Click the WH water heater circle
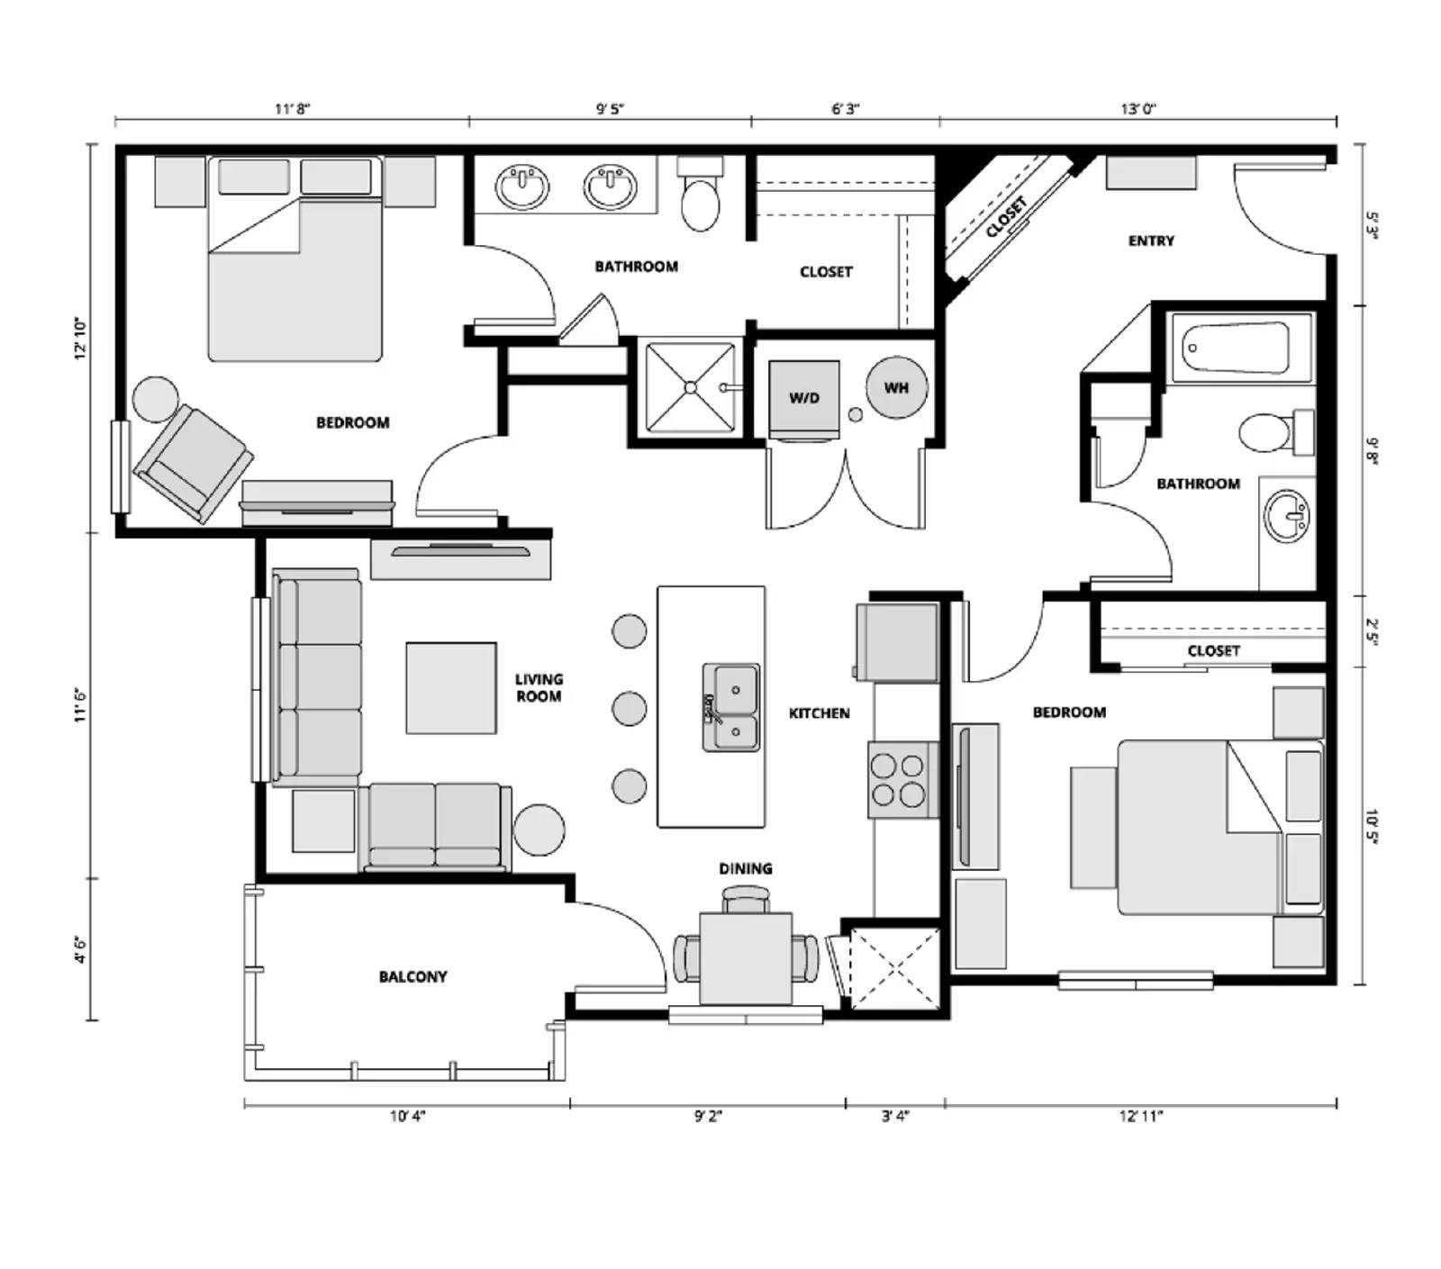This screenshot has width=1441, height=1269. (x=896, y=388)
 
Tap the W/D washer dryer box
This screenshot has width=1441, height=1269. (x=804, y=397)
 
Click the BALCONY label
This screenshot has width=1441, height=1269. (x=412, y=976)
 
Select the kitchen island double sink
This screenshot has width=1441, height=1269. (x=731, y=709)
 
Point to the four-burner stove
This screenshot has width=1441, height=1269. (x=898, y=779)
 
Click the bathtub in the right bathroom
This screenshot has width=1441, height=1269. (x=1237, y=348)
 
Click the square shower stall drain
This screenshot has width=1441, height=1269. (x=691, y=388)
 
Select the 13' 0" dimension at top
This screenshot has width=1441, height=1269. (x=1138, y=109)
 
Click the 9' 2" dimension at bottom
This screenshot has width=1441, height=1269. (x=708, y=1117)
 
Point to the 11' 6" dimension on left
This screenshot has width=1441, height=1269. (x=82, y=705)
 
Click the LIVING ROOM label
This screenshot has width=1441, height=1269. (x=539, y=687)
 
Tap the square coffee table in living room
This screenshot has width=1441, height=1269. (x=450, y=687)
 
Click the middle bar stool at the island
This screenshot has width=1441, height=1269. (x=629, y=708)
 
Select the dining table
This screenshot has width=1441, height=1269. (x=746, y=958)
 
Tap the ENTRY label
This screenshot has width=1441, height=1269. (x=1151, y=240)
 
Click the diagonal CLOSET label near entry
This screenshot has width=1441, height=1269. (x=1005, y=217)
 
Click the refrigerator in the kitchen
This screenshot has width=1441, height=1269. (x=898, y=641)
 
